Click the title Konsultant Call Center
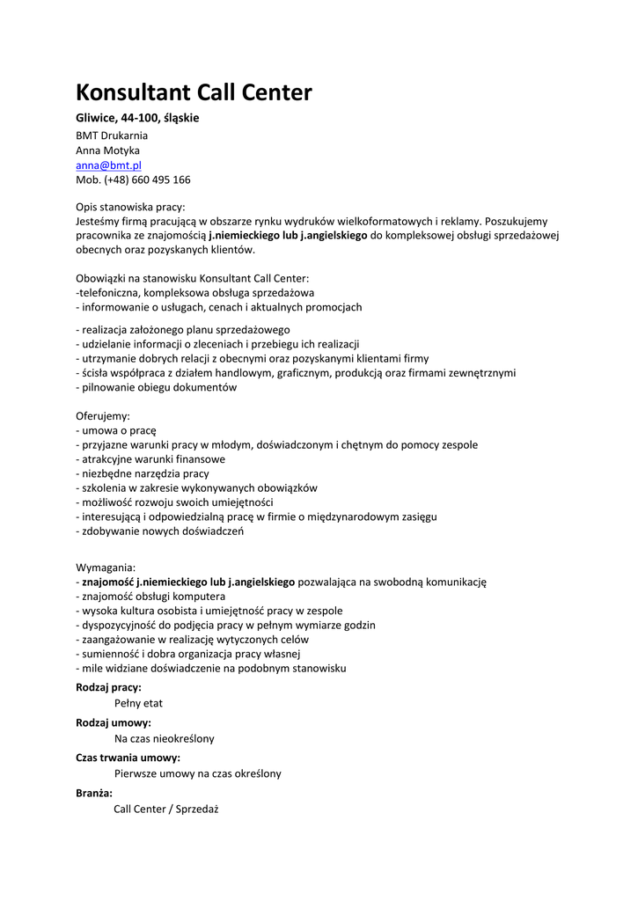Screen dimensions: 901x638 pyautogui.click(x=194, y=92)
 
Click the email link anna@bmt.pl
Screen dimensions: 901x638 pyautogui.click(x=108, y=165)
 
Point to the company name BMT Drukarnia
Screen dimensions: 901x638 pyautogui.click(x=112, y=136)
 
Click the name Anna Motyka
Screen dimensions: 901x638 pyautogui.click(x=107, y=150)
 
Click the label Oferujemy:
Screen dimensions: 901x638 pyautogui.click(x=103, y=415)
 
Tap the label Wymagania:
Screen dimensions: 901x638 pyautogui.click(x=106, y=567)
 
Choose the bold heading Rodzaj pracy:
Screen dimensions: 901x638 pyautogui.click(x=108, y=687)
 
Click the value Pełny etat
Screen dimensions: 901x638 pyautogui.click(x=138, y=703)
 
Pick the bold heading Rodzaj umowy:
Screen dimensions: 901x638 pyautogui.click(x=114, y=722)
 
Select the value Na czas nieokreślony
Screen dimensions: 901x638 pyautogui.click(x=165, y=738)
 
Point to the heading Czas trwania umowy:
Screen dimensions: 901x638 pyautogui.click(x=128, y=758)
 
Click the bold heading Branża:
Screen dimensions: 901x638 pyautogui.click(x=94, y=793)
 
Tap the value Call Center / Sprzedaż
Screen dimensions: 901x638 pyautogui.click(x=165, y=809)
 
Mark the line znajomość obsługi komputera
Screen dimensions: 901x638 pyautogui.click(x=144, y=597)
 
